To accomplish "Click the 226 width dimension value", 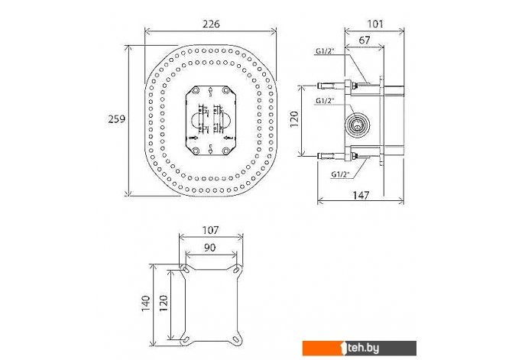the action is [x=211, y=24].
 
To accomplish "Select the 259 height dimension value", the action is [x=117, y=119].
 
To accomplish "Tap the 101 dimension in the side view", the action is [x=375, y=24].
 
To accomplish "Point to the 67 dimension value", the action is [x=365, y=41].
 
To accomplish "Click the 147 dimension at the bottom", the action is [x=361, y=195].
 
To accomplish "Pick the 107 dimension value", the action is [x=210, y=230].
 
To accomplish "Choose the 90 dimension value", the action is [x=209, y=248].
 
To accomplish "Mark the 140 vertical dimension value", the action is [x=146, y=303].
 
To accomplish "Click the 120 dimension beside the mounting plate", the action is [x=164, y=303].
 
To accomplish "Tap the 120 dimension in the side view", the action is [x=294, y=119].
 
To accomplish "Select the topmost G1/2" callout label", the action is [x=326, y=51].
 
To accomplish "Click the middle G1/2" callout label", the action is [x=326, y=101].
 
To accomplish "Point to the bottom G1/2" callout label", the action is [x=341, y=174].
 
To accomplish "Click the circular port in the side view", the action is [x=358, y=125].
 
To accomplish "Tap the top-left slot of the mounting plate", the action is [x=186, y=270].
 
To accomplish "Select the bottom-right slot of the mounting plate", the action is [x=236, y=340].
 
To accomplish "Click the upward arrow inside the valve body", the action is [x=211, y=92].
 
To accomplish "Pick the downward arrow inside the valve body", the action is [x=211, y=149].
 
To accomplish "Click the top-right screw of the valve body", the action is [x=226, y=90].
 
